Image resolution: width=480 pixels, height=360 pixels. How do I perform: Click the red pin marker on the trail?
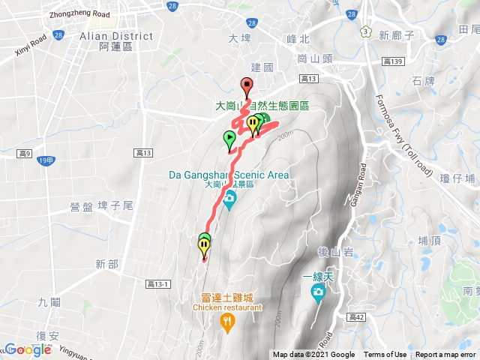(246, 85)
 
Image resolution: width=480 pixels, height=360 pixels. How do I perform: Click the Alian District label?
(115, 36)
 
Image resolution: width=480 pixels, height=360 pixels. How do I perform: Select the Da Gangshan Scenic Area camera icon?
(229, 198)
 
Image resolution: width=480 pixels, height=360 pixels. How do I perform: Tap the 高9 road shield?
(23, 154)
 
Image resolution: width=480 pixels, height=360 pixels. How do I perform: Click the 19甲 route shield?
(46, 160)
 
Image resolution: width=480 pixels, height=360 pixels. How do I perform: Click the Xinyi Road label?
(31, 46)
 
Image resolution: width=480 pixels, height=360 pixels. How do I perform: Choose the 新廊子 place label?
(397, 34)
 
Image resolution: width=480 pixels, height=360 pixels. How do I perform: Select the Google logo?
(28, 349)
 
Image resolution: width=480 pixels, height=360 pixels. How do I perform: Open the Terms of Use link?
(385, 355)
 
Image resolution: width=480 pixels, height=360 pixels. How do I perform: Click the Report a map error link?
(445, 355)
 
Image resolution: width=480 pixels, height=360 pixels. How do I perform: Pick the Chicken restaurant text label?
(228, 307)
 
